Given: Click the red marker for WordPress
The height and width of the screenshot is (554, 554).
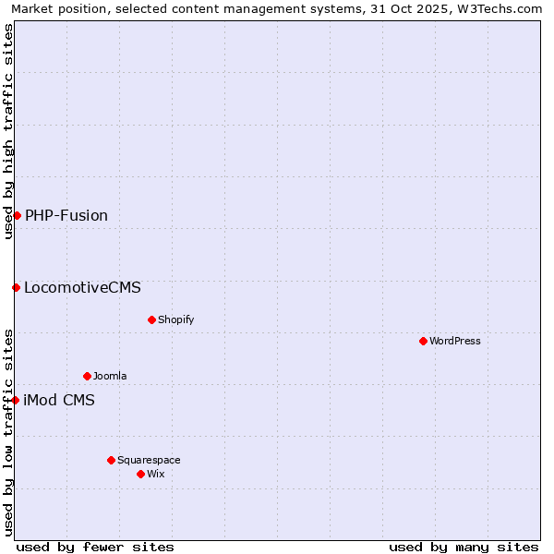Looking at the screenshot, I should [423, 341].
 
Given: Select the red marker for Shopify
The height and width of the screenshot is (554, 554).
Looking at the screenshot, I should [151, 319].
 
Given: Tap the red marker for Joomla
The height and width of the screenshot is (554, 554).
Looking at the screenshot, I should [87, 376].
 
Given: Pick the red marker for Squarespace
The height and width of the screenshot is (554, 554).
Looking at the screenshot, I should [111, 460].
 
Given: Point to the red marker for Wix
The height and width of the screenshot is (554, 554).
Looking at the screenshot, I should [140, 474].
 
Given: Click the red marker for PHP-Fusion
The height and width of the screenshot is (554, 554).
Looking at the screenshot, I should [17, 215].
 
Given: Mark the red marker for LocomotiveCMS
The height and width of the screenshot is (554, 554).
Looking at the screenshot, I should [16, 287].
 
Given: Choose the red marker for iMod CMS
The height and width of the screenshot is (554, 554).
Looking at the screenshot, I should [15, 400].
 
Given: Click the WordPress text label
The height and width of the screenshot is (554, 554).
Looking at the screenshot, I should [455, 341].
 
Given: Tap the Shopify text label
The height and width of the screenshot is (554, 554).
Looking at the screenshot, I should [175, 319].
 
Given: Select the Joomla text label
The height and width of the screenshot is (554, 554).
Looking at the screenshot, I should [110, 376].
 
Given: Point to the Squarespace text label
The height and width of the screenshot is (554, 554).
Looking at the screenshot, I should [149, 460].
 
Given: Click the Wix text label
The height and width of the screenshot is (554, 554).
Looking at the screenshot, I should [155, 474].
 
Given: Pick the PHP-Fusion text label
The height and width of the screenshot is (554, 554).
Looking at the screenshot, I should [66, 215].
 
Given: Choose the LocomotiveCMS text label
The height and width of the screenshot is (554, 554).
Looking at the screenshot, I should [82, 287].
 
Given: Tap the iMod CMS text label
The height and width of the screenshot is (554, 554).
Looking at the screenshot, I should [59, 400].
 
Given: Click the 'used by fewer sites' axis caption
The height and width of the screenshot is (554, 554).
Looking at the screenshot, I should [95, 547].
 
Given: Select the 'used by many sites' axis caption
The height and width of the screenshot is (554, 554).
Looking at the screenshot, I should [464, 547].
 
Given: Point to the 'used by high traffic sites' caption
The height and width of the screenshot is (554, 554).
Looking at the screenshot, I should [8, 131].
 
